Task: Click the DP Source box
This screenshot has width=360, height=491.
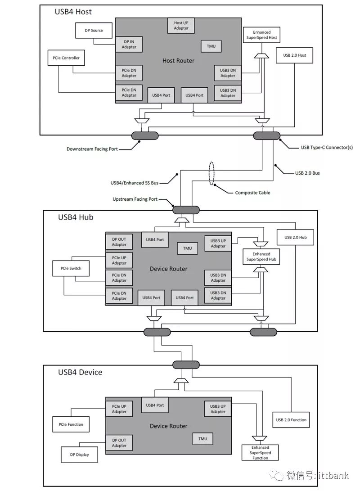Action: [94, 31]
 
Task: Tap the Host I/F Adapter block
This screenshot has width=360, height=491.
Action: [181, 25]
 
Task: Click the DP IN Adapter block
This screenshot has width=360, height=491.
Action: [129, 44]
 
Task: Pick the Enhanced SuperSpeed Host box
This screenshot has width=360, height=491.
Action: [261, 35]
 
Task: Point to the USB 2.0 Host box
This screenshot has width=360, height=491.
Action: [295, 55]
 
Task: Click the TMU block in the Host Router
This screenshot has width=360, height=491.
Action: [211, 46]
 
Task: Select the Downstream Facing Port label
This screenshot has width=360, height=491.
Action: [92, 149]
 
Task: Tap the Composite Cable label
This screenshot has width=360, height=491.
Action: [252, 193]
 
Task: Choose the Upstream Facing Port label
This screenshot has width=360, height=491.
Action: [135, 199]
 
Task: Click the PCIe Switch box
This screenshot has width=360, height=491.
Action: [71, 269]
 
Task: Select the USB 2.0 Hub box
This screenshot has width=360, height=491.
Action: [295, 237]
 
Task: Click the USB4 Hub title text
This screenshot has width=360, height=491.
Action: [76, 217]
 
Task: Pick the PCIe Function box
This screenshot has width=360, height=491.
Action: [71, 424]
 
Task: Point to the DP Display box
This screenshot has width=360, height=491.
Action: [79, 454]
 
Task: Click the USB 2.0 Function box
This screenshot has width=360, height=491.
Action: [291, 420]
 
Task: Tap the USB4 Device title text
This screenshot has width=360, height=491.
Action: [80, 372]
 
